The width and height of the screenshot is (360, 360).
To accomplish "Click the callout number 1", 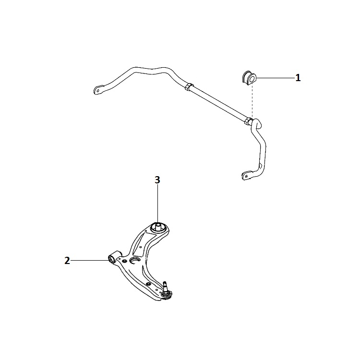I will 298,78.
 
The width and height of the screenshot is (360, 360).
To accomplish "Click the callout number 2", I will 67,261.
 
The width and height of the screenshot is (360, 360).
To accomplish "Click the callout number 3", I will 157,180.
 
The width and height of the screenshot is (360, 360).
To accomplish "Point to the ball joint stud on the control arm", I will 165,286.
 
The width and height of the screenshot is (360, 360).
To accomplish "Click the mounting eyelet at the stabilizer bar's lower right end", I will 246,175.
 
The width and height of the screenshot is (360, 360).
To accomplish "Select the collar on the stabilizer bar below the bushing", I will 248,120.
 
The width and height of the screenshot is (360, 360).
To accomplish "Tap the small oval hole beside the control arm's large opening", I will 125,261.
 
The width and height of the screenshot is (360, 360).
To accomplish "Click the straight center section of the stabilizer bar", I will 218,103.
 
